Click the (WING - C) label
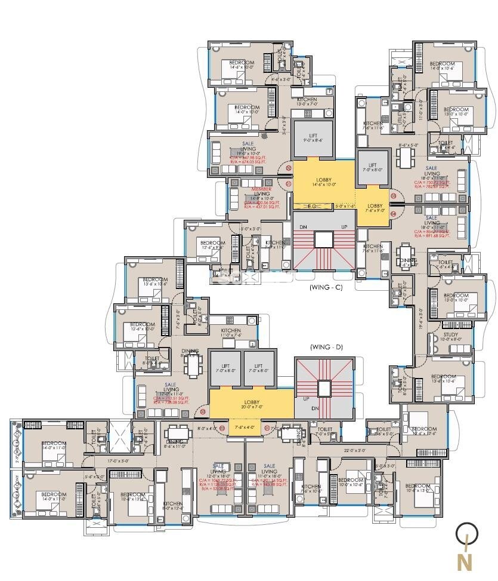pos(324,287)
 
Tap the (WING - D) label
pos(324,346)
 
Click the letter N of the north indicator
pos(465,562)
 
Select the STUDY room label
pos(451,335)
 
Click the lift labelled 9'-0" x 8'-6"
pos(313,137)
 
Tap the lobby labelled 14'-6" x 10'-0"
pos(324,182)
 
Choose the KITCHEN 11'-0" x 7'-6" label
pos(231,331)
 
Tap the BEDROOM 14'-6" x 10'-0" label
pos(242,63)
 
